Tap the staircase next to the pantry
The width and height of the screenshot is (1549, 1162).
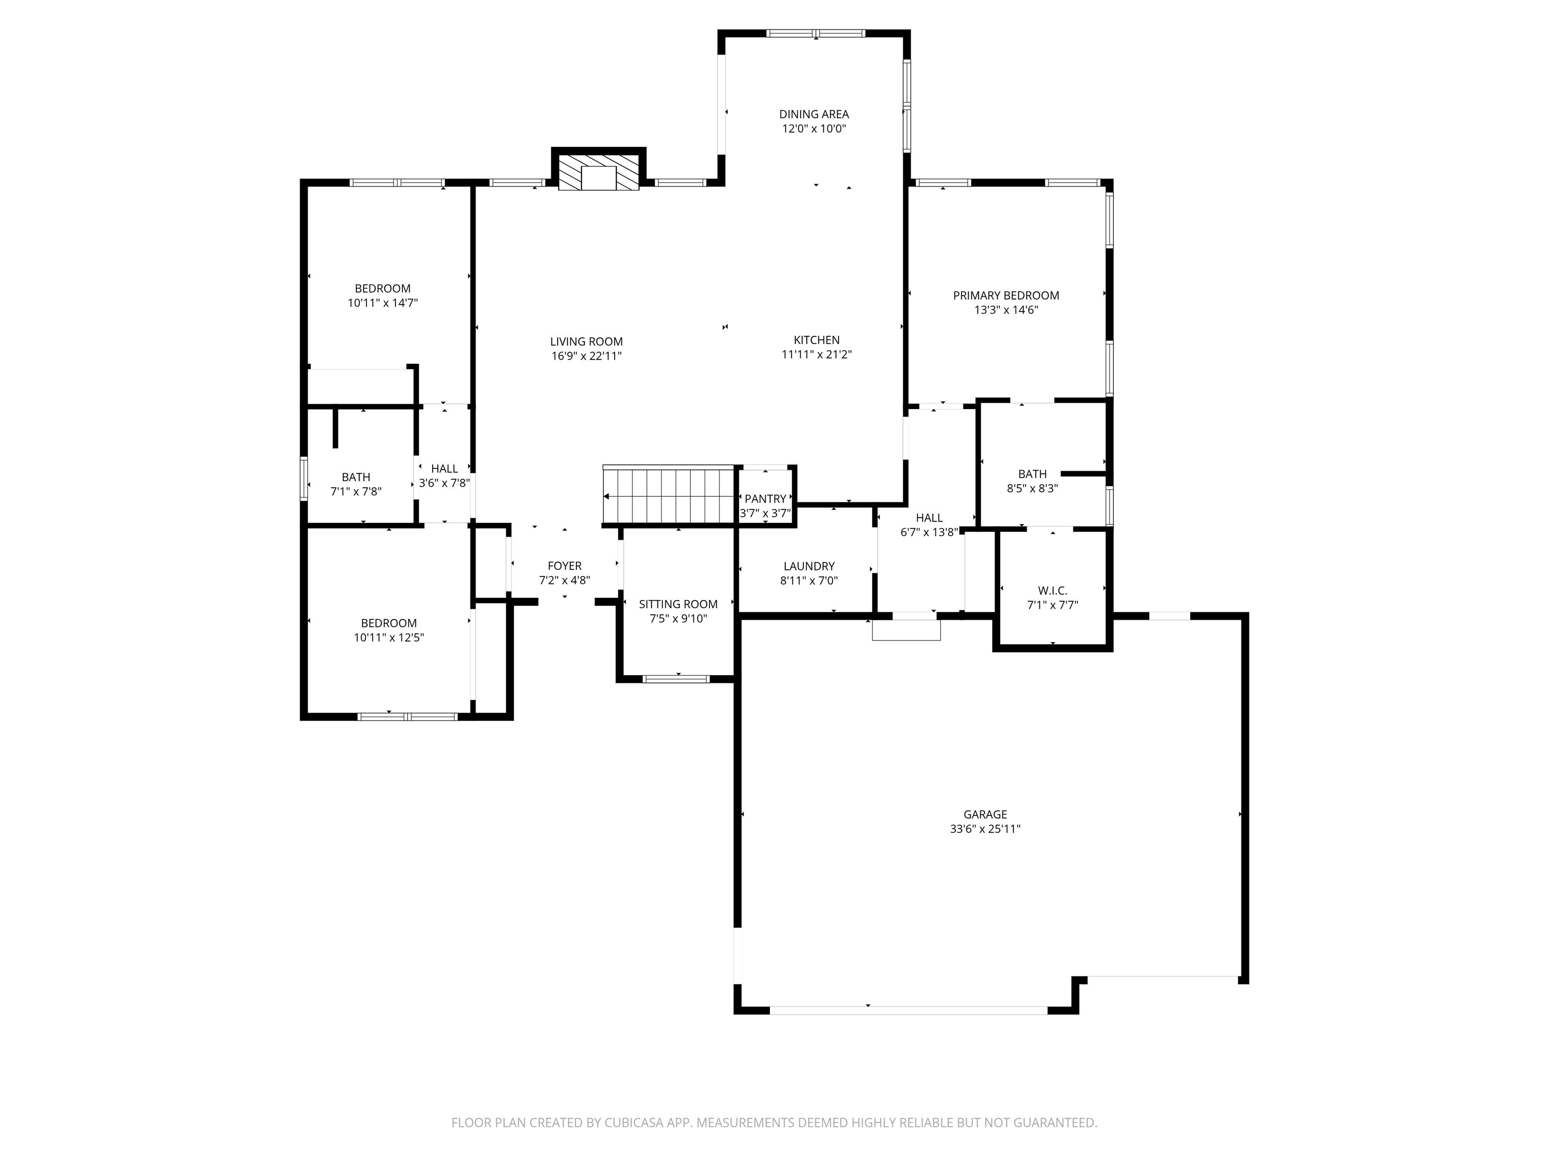pos(668,495)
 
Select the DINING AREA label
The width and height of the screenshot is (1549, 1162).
pos(814,114)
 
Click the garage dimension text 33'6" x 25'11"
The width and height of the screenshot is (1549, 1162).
pos(985,829)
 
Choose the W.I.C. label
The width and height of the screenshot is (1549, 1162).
pos(1052,591)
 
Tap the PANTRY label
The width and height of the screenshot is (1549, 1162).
pos(765,499)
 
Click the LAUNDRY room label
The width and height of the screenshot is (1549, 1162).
pos(809,566)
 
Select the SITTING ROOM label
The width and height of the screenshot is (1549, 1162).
pos(678,604)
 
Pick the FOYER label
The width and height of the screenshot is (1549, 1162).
pos(564,566)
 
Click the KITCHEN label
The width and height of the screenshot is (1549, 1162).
pos(816,340)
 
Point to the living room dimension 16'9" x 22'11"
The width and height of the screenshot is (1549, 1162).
pos(586,357)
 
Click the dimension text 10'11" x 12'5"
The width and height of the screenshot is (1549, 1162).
pos(389,638)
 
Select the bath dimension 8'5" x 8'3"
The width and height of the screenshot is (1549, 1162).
pos(1032,489)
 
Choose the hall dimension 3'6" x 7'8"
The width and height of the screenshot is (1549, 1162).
pos(444,483)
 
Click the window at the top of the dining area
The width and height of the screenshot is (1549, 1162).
pos(816,33)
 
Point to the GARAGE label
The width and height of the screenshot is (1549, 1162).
pos(985,815)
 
